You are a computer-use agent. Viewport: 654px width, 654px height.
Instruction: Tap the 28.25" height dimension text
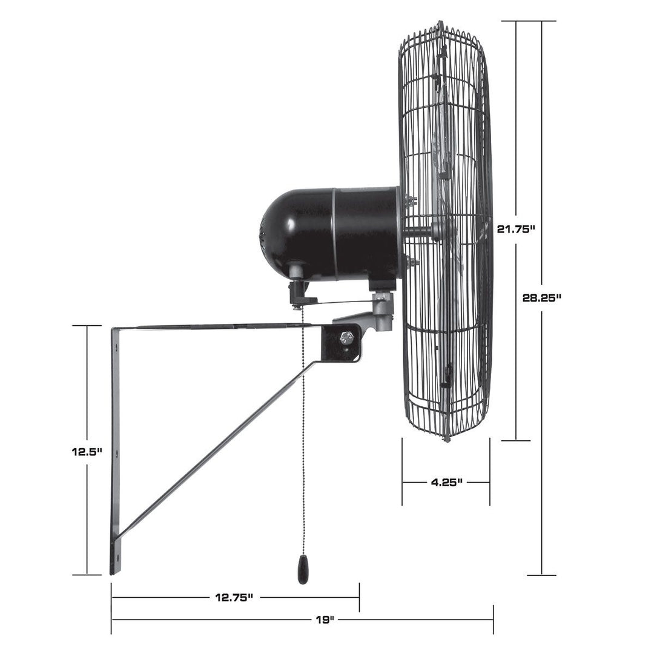542,297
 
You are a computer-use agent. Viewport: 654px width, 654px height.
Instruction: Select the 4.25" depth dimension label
446,483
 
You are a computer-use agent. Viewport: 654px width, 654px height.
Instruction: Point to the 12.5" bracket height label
87,452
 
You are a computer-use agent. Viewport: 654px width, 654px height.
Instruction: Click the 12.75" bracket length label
234,598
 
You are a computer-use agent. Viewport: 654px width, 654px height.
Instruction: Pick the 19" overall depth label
325,619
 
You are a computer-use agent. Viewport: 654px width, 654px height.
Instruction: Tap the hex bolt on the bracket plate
346,338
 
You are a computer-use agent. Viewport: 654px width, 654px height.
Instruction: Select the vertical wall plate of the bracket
114,448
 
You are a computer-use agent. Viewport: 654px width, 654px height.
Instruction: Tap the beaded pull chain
302,436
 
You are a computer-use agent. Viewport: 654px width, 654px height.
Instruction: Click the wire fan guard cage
448,230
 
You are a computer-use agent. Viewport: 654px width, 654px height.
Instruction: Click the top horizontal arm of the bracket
212,328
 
